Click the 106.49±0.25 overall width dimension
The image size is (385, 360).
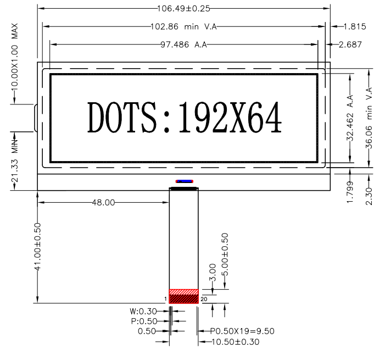coord(183,9)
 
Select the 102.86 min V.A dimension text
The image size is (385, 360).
coord(183,26)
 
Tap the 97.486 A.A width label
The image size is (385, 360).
coord(183,45)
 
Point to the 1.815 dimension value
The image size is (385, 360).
coord(355,26)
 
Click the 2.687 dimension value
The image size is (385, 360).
coord(350,45)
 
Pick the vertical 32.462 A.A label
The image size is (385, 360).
coord(350,118)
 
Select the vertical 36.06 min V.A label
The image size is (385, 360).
coord(369,118)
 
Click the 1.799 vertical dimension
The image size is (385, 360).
coord(350,192)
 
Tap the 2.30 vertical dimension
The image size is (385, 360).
coord(369,196)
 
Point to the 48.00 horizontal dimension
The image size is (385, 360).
coord(103,202)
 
